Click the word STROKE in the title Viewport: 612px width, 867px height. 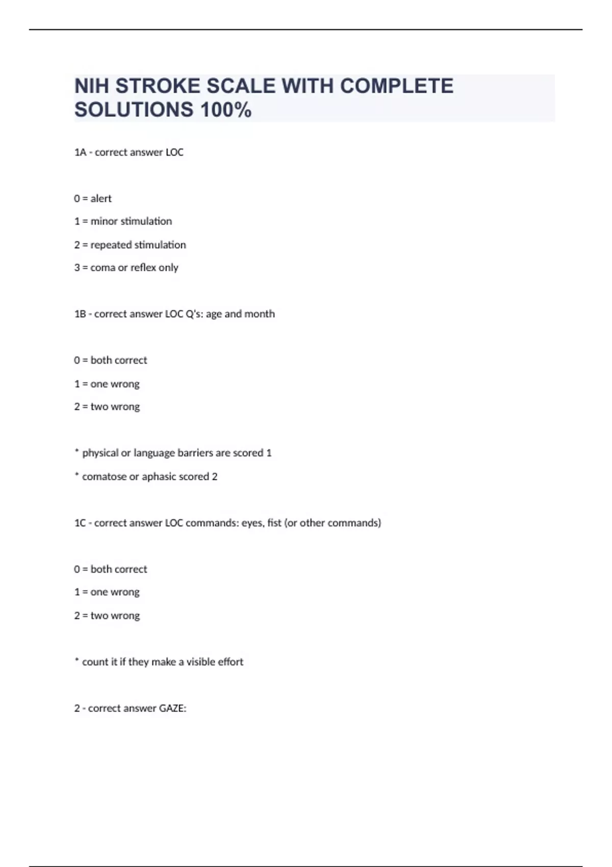pyautogui.click(x=158, y=86)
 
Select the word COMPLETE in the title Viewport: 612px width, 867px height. pyautogui.click(x=396, y=86)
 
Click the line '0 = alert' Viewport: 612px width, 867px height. pyautogui.click(x=93, y=198)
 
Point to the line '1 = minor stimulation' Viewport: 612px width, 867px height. pyautogui.click(x=123, y=221)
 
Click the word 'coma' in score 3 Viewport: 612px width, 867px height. pyautogui.click(x=103, y=268)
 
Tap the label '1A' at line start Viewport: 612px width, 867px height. pyautogui.click(x=80, y=152)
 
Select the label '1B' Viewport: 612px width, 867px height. pyautogui.click(x=80, y=314)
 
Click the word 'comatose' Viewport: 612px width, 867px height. pyautogui.click(x=104, y=476)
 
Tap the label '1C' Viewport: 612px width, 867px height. pyautogui.click(x=80, y=523)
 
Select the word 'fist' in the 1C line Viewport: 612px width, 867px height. pyautogui.click(x=274, y=523)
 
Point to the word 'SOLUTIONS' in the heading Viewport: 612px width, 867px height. pyautogui.click(x=134, y=110)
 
